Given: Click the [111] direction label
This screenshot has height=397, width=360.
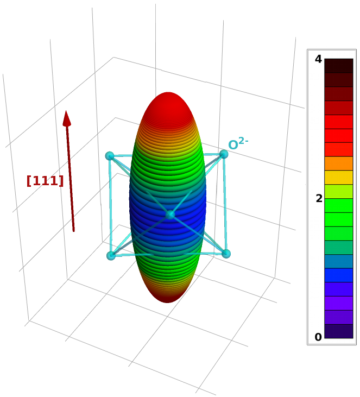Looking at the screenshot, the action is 45,181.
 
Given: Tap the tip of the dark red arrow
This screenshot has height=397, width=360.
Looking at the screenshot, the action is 66,111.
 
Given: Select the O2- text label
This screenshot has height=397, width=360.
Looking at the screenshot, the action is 238,143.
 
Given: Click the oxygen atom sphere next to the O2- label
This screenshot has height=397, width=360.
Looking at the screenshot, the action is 224,154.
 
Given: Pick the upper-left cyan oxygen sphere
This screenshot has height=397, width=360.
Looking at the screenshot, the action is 110,156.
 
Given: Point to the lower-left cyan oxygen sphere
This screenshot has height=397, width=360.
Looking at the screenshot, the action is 111,256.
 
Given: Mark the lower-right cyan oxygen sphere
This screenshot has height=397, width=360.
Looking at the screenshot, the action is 226,254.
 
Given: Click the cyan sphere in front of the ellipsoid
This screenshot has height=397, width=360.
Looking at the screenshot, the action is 170,215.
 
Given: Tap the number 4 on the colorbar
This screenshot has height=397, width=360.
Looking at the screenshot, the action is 318,59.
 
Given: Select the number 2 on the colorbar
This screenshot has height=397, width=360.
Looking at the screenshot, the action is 319,199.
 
